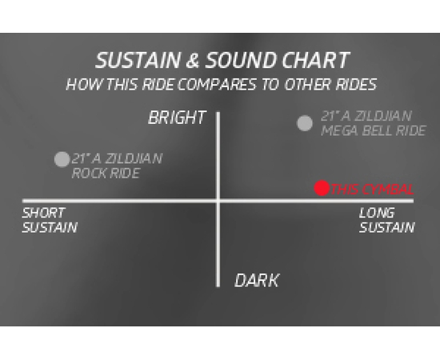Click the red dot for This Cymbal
coord(322,188)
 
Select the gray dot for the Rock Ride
coord(62,159)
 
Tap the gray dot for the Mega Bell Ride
coord(305,123)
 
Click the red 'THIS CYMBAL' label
coord(372,189)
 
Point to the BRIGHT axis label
coord(178,118)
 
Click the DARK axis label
coord(257,280)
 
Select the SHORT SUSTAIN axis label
coord(50,220)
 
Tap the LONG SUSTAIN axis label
coord(387,220)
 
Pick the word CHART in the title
coord(316,60)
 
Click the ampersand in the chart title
coord(193,60)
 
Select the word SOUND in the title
coord(242,60)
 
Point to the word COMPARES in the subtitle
coord(217,84)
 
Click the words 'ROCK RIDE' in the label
coord(106,173)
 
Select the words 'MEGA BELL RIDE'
coord(374,130)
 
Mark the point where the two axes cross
coord(218,201)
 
